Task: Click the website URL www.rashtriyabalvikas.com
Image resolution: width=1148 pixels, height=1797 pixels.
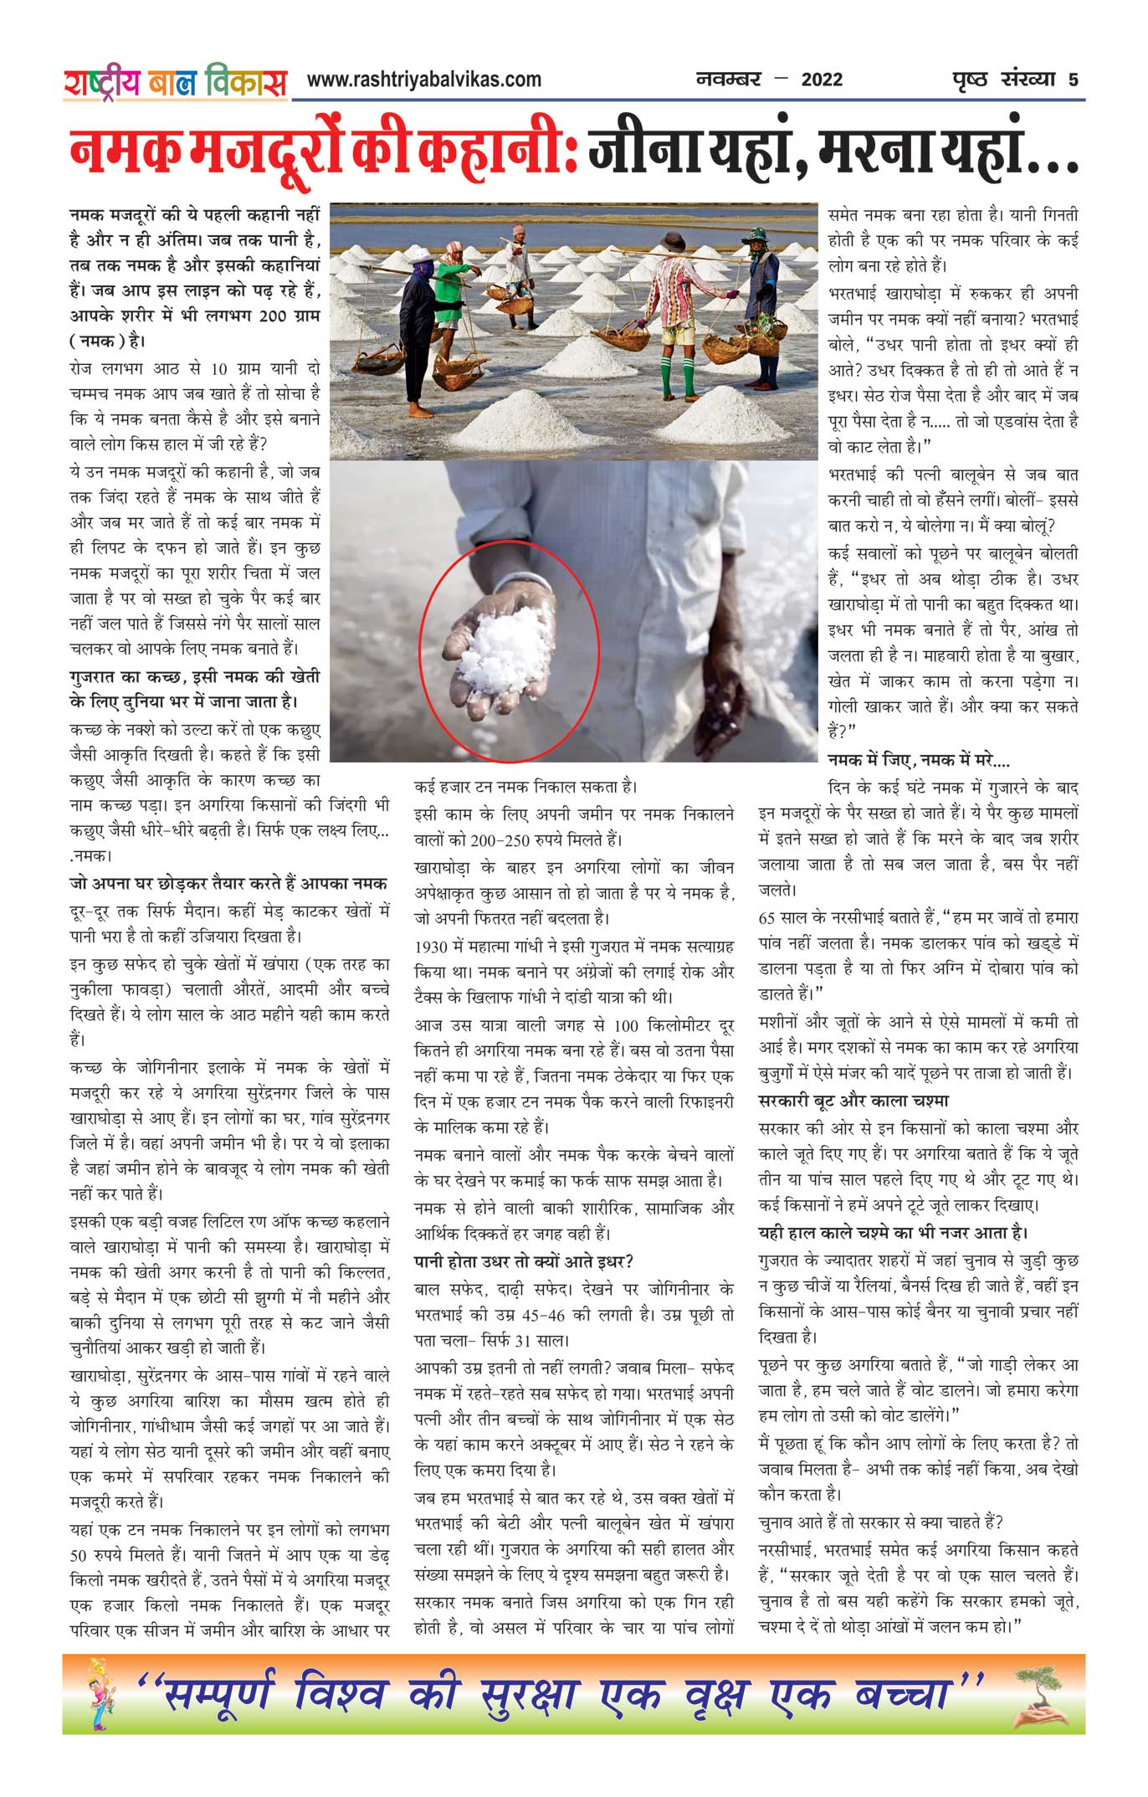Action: [x=423, y=80]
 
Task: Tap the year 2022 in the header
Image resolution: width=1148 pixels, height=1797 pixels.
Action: [x=822, y=80]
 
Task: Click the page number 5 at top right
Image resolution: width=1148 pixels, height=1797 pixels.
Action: [x=1073, y=80]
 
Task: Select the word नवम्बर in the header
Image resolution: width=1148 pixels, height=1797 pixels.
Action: [x=729, y=80]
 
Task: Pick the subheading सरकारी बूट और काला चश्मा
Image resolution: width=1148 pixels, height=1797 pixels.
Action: [x=853, y=1101]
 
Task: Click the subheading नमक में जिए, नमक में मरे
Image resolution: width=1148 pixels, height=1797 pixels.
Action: [x=918, y=760]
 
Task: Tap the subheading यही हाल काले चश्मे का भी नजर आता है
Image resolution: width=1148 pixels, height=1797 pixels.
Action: [x=893, y=1233]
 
